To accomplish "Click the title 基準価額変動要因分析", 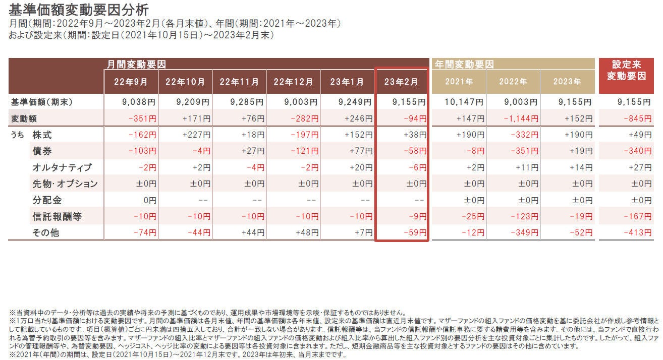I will (79, 10).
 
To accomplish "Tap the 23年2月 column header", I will (402, 81).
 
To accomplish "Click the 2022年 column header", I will (513, 81).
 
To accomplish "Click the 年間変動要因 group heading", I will (464, 65).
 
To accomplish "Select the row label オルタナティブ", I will (62, 167).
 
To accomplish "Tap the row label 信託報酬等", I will (57, 216).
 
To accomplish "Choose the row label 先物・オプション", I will (65, 184).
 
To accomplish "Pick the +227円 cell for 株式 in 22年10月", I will (195, 135).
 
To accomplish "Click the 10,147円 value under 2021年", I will (465, 102).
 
